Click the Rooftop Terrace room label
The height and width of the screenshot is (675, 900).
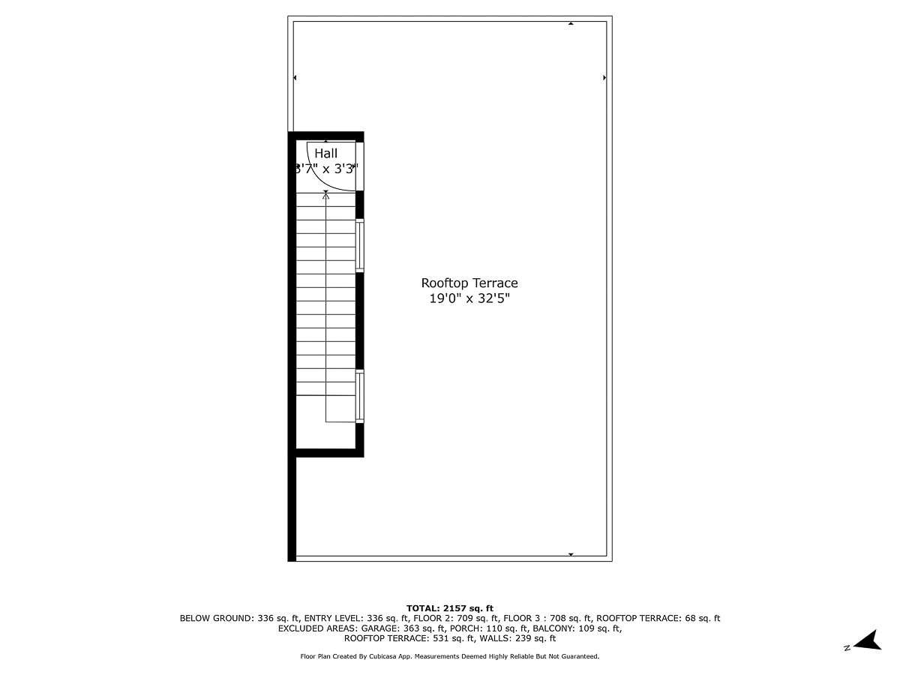click(x=469, y=283)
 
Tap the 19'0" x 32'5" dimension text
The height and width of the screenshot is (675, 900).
click(x=469, y=298)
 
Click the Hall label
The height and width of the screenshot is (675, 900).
click(x=325, y=154)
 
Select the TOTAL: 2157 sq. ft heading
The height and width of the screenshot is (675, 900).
click(x=450, y=608)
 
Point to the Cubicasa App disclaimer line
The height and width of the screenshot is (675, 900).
click(x=450, y=656)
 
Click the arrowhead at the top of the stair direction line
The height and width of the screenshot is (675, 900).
click(x=325, y=193)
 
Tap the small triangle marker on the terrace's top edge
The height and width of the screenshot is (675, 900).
click(x=571, y=24)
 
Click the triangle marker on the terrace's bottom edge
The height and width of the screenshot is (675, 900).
click(x=571, y=554)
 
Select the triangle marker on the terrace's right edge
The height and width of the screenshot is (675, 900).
click(x=604, y=77)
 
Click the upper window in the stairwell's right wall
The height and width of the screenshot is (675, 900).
click(x=360, y=245)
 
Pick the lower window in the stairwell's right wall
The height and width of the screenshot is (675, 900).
click(x=360, y=396)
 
